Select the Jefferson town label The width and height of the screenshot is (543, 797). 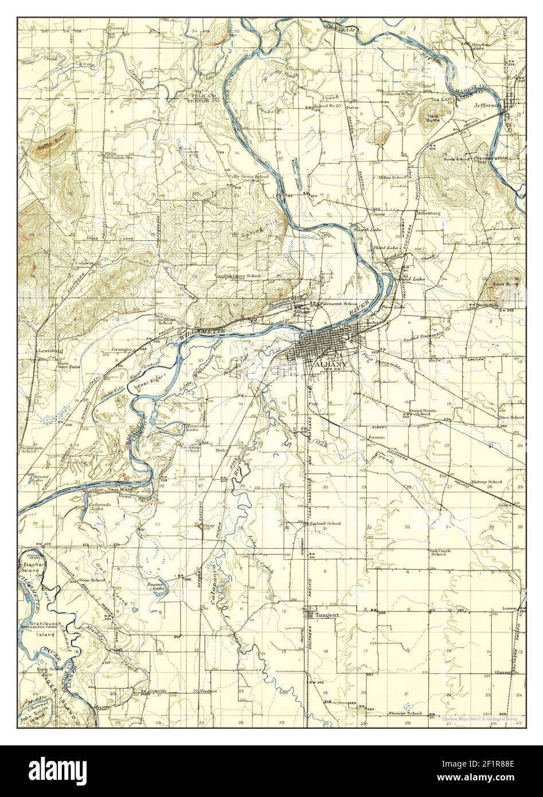coord(488,105)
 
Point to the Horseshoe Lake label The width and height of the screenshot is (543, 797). coord(193,429)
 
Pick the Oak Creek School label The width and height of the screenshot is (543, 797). coord(438,552)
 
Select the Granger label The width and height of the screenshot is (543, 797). coord(119,349)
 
